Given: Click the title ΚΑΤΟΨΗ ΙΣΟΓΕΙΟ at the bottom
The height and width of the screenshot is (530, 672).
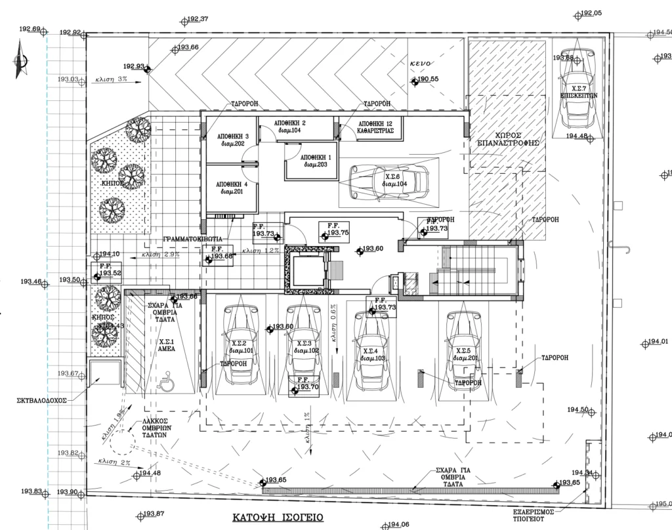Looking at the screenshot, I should coord(278,518).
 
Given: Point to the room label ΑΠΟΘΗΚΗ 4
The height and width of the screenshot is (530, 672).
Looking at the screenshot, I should coord(232,188).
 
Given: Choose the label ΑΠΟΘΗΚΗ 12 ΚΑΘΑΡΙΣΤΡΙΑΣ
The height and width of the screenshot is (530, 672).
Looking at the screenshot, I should coord(376,127).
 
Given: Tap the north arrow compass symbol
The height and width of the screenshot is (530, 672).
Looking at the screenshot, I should coord(20,60).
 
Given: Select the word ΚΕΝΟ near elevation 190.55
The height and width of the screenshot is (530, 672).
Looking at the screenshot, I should coord(420,64).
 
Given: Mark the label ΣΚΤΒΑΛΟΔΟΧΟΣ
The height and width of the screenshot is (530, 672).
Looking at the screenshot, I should coord(43,399).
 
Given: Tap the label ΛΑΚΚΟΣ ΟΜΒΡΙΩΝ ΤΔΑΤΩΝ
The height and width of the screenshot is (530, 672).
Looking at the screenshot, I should coord(156,427).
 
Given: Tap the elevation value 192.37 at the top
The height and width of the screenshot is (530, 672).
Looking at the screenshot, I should coord(198,18).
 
